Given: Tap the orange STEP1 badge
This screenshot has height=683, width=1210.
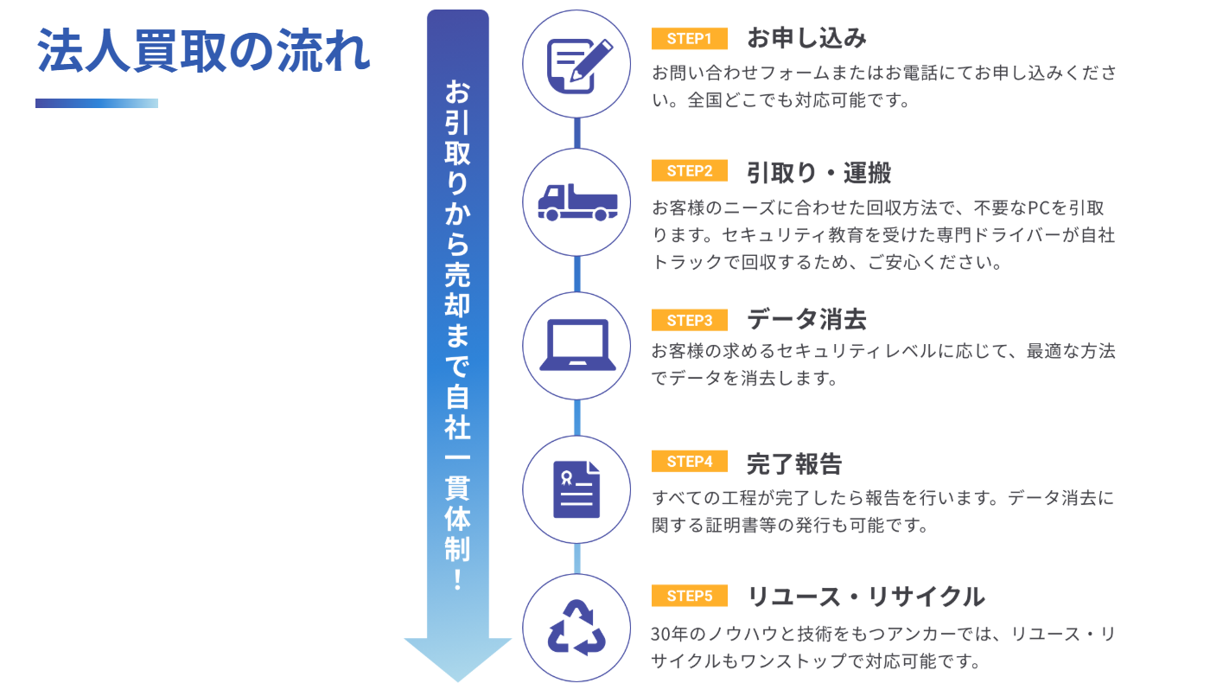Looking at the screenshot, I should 689,39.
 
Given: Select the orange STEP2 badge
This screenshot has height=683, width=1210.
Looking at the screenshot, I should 689,171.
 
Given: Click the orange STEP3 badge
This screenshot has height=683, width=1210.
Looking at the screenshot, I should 689,321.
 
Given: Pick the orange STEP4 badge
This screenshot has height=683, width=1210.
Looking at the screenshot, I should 689,462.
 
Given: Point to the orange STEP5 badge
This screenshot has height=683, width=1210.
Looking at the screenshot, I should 689,596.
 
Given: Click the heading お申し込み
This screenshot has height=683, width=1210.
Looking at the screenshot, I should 806,39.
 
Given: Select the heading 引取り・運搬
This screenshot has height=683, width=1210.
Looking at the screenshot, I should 818,172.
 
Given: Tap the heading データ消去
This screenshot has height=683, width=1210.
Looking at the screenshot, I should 806,321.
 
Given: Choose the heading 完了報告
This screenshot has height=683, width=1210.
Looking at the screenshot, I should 794,463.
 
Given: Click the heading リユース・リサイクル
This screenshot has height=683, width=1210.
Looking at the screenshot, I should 865,597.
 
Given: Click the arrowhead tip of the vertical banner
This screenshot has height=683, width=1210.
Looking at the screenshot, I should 458,674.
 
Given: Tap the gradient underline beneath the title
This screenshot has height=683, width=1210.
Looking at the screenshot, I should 97,103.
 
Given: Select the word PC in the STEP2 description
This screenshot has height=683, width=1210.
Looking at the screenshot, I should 1037,207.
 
